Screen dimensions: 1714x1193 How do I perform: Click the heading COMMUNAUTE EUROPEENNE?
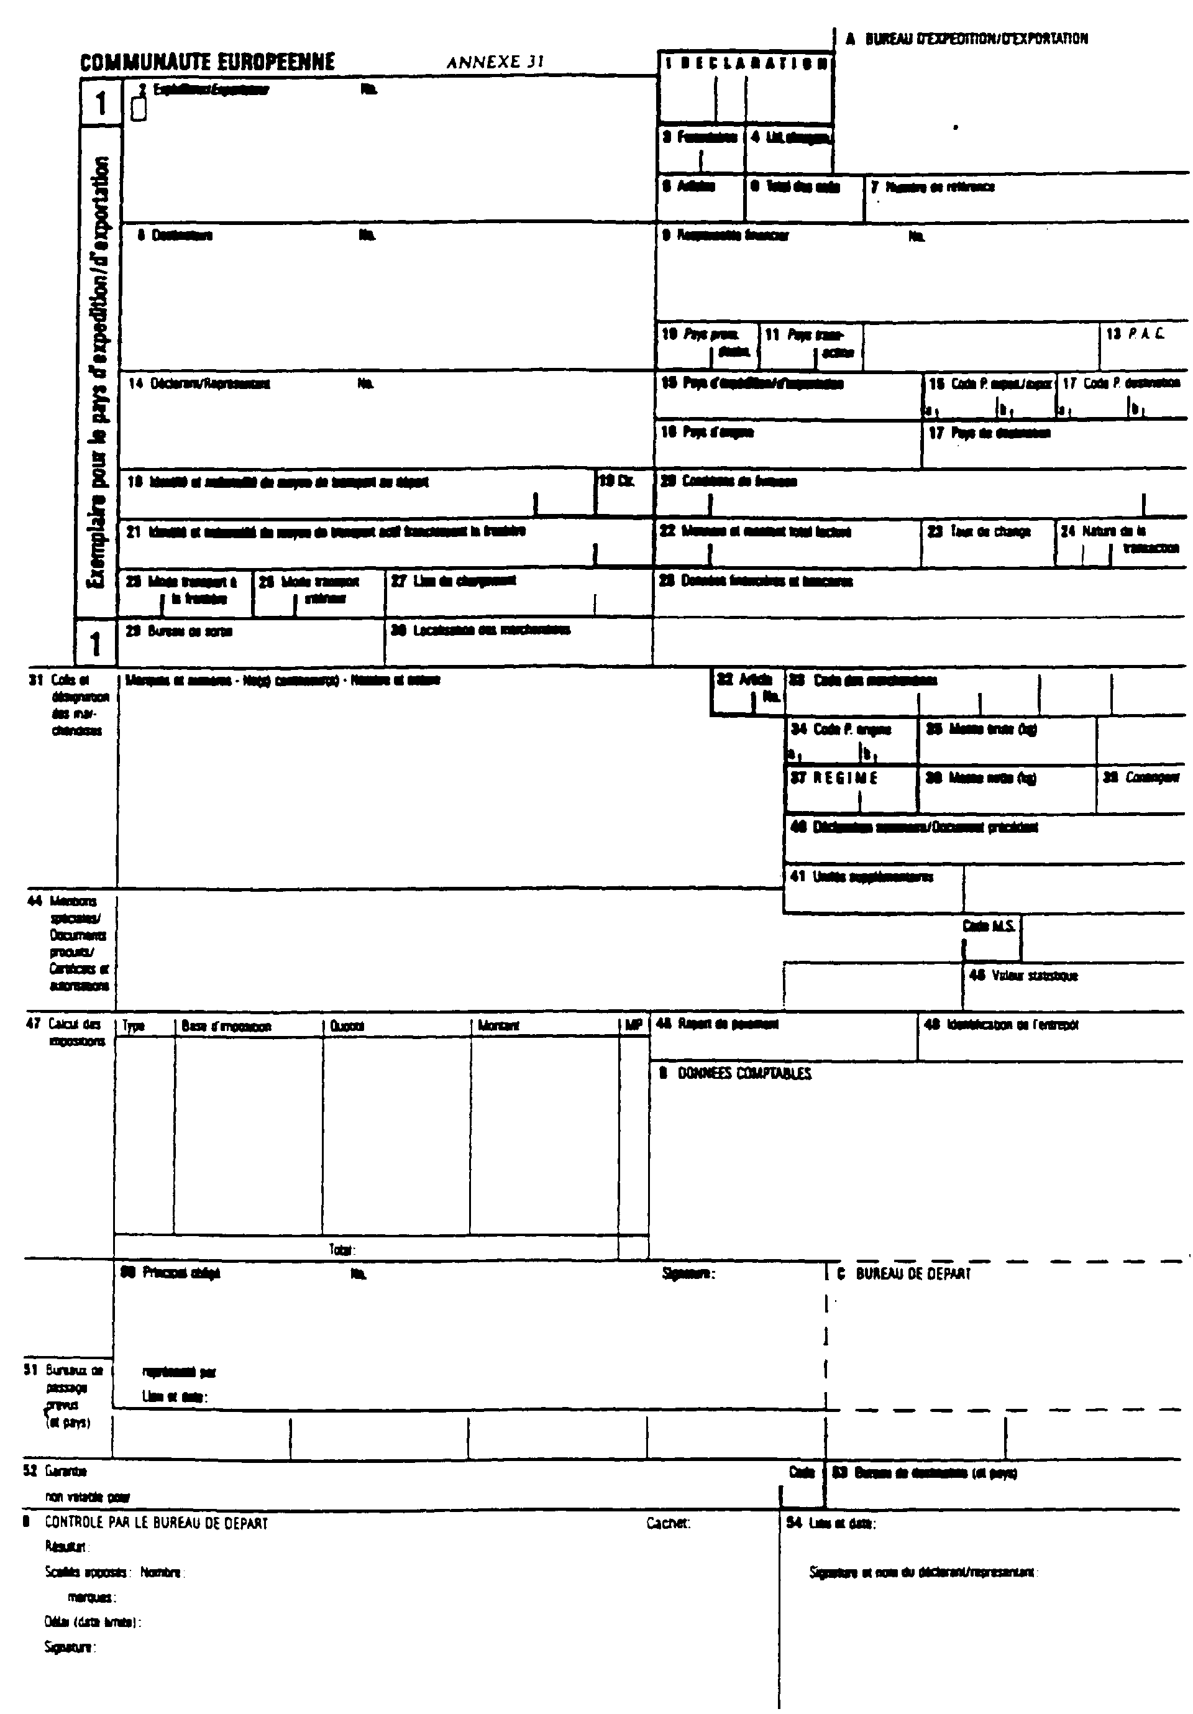(x=208, y=62)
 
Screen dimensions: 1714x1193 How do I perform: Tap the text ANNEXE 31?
(x=495, y=63)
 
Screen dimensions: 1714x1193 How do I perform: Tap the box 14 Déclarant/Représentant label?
(x=199, y=383)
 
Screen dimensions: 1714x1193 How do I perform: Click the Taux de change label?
(x=989, y=531)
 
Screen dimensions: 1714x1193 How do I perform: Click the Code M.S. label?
(x=989, y=927)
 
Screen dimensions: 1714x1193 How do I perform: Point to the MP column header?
(x=633, y=1025)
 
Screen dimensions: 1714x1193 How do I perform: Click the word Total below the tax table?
(x=341, y=1250)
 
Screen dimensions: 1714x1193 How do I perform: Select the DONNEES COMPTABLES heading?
(x=743, y=1073)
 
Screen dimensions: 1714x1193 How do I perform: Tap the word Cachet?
(x=668, y=1523)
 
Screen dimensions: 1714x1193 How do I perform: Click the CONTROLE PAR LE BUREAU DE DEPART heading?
(x=156, y=1523)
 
